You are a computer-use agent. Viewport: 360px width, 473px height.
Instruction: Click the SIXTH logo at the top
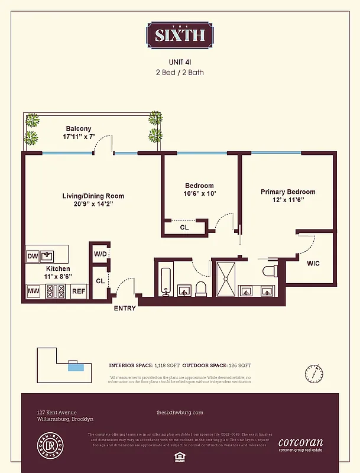pos(180,35)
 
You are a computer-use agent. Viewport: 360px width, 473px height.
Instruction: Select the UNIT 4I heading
pos(180,61)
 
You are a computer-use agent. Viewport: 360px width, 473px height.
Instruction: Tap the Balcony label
pos(79,128)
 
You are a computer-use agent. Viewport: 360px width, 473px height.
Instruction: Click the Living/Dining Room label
pos(93,196)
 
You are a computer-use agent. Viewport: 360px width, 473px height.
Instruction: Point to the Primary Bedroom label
pos(288,192)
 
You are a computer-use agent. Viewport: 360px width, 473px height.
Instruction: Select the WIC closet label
pos(313,263)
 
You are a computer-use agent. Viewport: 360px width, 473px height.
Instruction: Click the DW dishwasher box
pos(33,256)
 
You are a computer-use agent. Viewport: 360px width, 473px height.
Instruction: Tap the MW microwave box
pos(34,291)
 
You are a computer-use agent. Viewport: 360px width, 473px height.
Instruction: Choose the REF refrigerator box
pos(79,291)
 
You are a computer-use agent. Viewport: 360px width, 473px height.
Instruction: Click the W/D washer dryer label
pos(100,254)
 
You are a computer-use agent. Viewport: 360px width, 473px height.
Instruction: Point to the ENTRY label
pos(125,308)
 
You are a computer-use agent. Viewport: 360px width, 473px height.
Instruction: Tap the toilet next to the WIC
pos(270,272)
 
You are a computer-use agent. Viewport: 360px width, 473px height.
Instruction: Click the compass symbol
pos(314,374)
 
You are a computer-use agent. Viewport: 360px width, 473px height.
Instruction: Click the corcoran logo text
pos(300,441)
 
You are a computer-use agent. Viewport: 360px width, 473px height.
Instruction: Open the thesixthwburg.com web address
pos(180,412)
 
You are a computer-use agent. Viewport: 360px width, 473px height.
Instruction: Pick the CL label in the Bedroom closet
pos(184,227)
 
